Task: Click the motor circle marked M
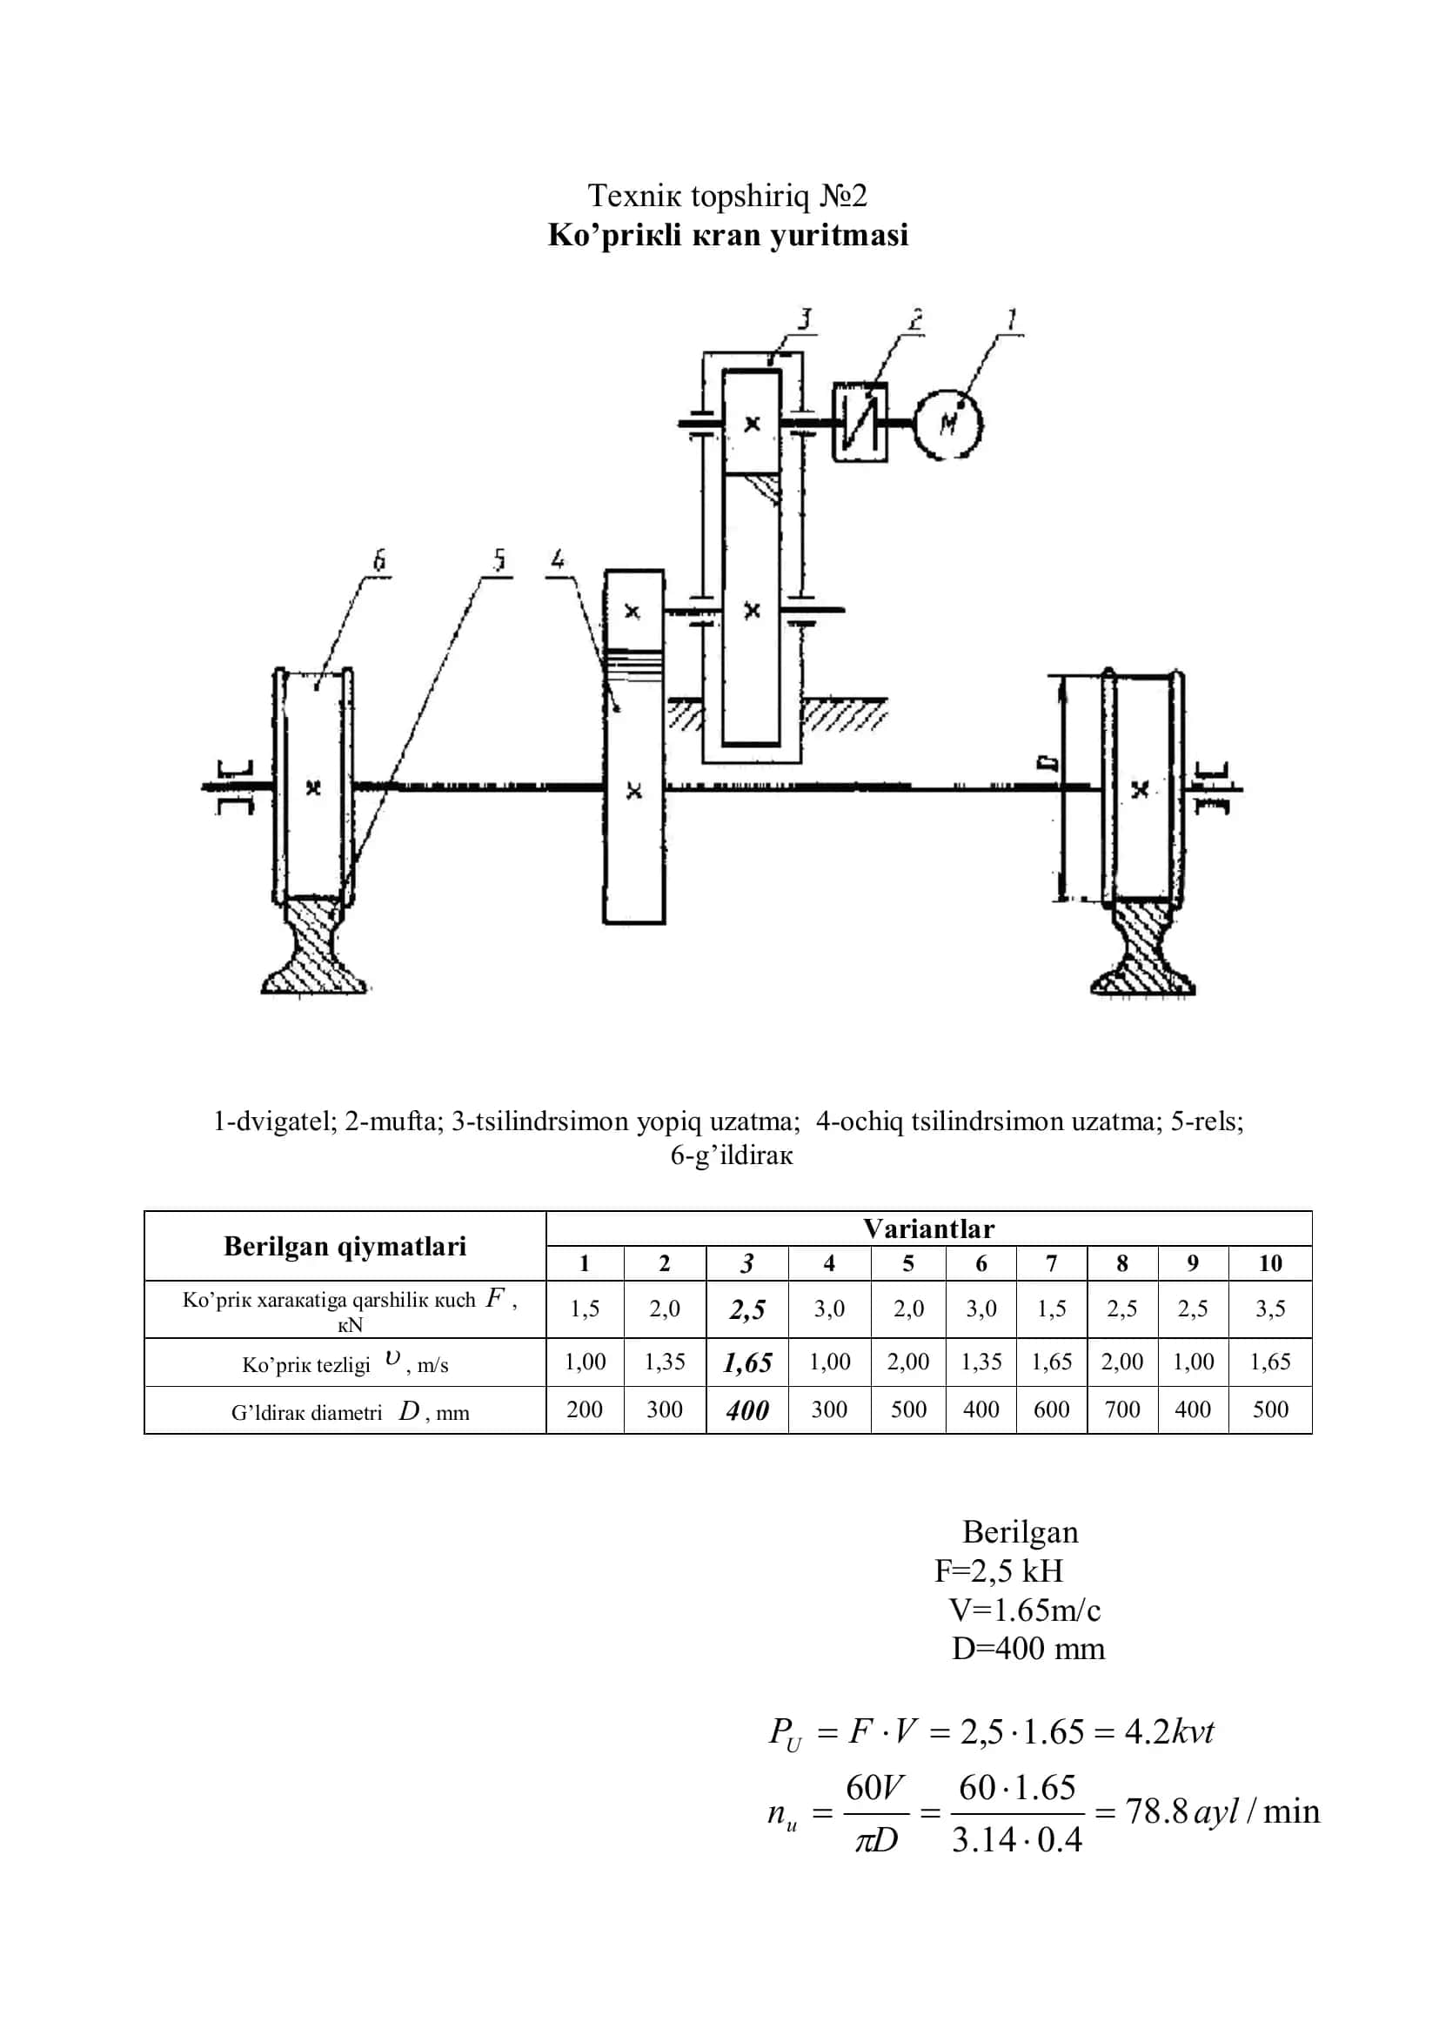click(948, 424)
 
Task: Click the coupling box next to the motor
click(860, 422)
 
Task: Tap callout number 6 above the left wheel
click(379, 560)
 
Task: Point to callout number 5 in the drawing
click(499, 560)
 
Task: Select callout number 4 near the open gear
click(558, 560)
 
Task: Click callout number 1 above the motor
click(1011, 319)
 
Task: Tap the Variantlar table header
click(928, 1228)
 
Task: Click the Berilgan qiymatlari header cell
click(345, 1246)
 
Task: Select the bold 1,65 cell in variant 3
click(747, 1362)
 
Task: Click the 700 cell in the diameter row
click(1121, 1409)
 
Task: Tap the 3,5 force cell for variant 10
click(1269, 1309)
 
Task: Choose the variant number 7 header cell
click(1051, 1263)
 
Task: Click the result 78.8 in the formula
click(1156, 1811)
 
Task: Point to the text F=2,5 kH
click(999, 1570)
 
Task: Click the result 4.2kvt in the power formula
click(1168, 1731)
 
